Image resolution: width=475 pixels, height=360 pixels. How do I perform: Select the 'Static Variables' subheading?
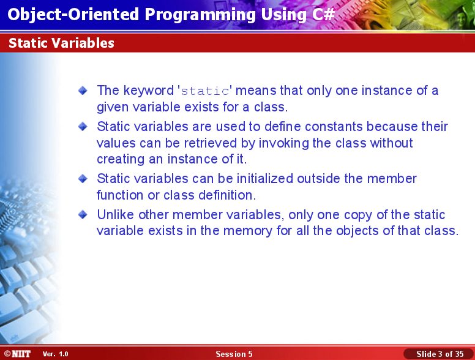point(61,43)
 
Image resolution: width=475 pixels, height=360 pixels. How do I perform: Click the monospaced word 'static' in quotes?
point(205,91)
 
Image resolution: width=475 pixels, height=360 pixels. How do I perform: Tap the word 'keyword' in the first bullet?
point(148,91)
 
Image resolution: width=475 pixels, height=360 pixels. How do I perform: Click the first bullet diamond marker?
point(83,91)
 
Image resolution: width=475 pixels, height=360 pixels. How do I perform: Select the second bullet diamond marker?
point(83,127)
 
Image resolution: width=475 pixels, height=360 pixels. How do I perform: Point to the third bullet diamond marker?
point(83,179)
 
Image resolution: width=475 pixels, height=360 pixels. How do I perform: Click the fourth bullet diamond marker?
point(83,215)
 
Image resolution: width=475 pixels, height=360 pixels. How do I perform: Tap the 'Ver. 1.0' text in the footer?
point(56,354)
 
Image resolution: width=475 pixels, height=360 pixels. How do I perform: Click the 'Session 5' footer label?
point(234,354)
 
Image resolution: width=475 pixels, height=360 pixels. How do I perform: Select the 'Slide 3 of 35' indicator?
point(439,354)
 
